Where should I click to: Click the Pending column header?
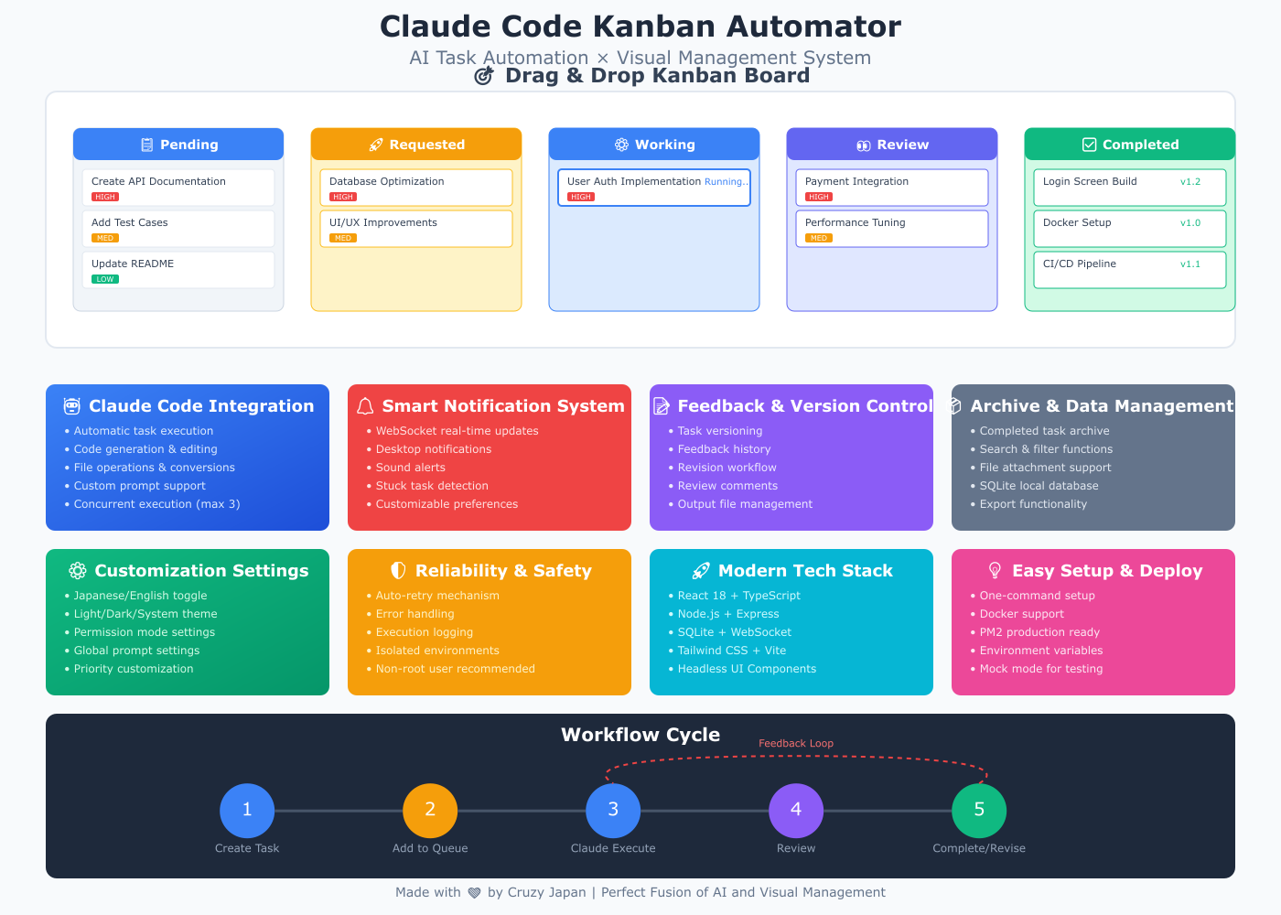click(178, 145)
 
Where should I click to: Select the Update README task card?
click(178, 270)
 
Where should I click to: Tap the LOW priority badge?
click(105, 279)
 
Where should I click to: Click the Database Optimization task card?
click(416, 188)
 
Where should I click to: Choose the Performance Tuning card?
click(892, 229)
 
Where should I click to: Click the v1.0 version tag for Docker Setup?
click(1190, 222)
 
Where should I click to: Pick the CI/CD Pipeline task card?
click(1130, 270)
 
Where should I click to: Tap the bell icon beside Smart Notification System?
click(365, 406)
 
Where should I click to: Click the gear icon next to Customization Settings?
click(78, 571)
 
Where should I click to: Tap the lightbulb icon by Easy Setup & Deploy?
click(996, 571)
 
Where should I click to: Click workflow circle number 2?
click(430, 811)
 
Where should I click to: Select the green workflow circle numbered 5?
click(979, 811)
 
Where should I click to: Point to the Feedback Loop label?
click(796, 743)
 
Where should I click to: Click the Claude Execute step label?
click(613, 848)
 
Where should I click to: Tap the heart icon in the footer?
click(474, 893)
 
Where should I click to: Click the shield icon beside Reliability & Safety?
click(398, 571)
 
